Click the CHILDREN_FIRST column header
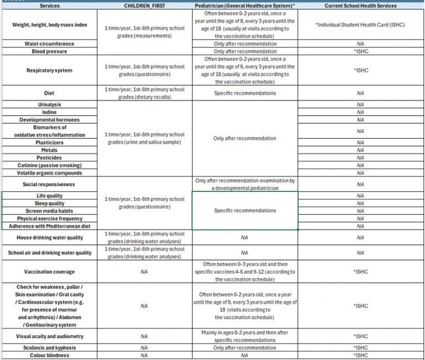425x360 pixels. click(144, 6)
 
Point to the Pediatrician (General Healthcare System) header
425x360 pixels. click(245, 6)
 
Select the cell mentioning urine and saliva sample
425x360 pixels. click(144, 138)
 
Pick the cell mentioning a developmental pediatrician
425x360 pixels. click(245, 184)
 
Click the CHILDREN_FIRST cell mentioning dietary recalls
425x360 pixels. click(144, 93)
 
